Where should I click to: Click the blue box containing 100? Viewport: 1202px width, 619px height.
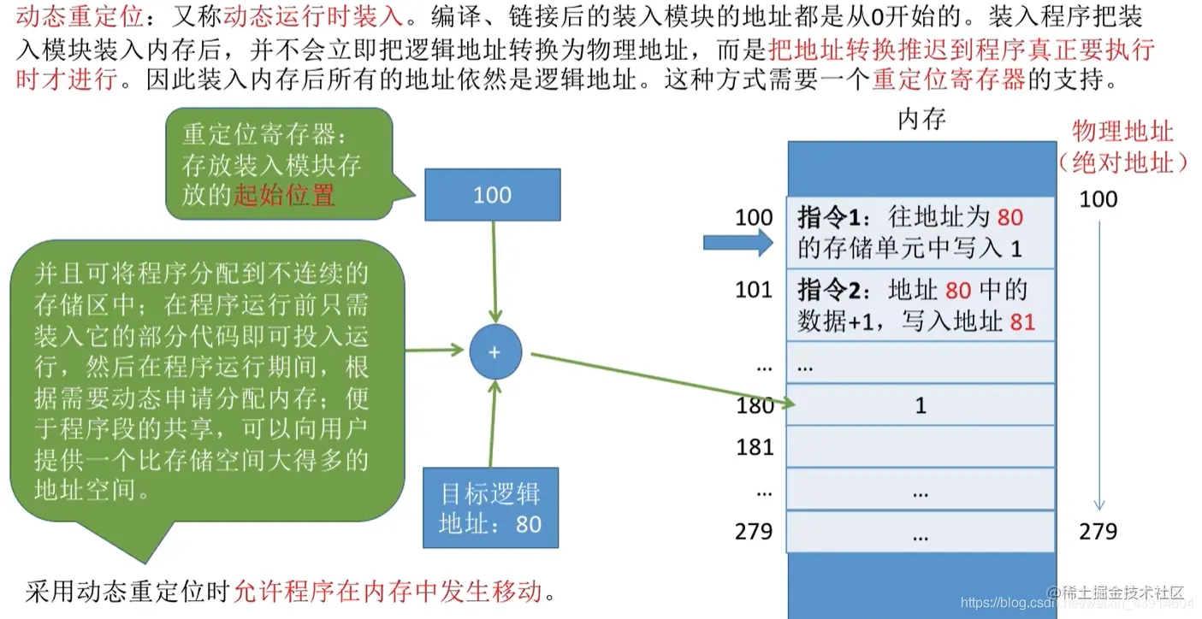[492, 195]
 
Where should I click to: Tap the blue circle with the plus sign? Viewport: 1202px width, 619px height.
[494, 352]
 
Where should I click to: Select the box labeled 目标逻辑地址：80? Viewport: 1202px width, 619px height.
[490, 508]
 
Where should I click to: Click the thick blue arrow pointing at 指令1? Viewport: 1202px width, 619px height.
[737, 244]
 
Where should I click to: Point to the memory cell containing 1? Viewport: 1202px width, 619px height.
[921, 405]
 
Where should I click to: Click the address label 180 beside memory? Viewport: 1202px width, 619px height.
[755, 405]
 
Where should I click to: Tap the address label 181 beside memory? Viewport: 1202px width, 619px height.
[755, 447]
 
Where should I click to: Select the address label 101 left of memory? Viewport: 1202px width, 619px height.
[754, 290]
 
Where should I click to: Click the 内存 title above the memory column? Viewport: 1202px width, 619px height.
[921, 120]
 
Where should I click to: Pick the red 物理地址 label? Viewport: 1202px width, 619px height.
[1122, 132]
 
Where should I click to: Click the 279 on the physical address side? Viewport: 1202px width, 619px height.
[1098, 532]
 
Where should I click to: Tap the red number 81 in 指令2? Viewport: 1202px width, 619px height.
[1022, 321]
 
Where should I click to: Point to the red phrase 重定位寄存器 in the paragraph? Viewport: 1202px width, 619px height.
[948, 80]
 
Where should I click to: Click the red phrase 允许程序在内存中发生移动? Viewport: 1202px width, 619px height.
[388, 591]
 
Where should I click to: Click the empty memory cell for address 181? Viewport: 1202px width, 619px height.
[921, 447]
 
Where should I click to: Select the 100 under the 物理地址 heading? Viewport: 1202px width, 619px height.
[1098, 199]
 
